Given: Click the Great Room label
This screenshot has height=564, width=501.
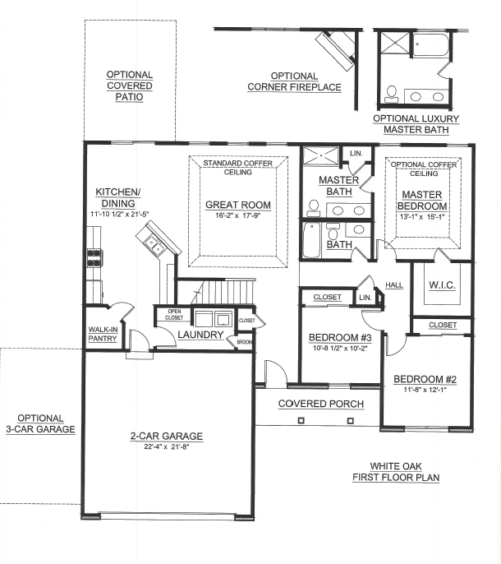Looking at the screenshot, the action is pyautogui.click(x=238, y=205).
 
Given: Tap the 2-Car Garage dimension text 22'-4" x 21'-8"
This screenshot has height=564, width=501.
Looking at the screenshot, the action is pyautogui.click(x=167, y=446).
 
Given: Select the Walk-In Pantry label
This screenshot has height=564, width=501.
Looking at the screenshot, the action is pyautogui.click(x=103, y=334).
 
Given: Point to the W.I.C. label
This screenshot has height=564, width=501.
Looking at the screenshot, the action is pyautogui.click(x=442, y=285).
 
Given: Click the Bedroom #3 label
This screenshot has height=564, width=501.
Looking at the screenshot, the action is pyautogui.click(x=340, y=337).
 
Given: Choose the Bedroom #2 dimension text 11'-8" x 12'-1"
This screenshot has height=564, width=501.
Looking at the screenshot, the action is pyautogui.click(x=425, y=389).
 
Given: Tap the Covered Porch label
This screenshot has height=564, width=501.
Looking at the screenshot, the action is pyautogui.click(x=321, y=404).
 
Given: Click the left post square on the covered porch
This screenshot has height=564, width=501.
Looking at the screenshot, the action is pyautogui.click(x=301, y=420).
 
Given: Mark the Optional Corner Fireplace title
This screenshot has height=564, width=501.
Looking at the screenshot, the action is pyautogui.click(x=294, y=81).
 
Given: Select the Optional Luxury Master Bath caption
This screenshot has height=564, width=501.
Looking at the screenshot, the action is pyautogui.click(x=416, y=124).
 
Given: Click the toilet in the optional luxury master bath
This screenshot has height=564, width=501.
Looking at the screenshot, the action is pyautogui.click(x=391, y=94).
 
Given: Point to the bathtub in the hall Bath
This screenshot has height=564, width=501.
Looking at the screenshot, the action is pyautogui.click(x=311, y=240).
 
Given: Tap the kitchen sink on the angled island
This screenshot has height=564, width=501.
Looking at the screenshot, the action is pyautogui.click(x=154, y=244).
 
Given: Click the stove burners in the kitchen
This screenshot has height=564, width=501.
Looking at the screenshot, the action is pyautogui.click(x=94, y=258).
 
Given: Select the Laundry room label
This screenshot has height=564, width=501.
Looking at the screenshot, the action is pyautogui.click(x=200, y=335).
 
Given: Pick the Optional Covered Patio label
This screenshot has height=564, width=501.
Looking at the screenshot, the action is pyautogui.click(x=130, y=86).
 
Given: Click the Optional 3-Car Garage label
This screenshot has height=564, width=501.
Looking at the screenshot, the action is pyautogui.click(x=40, y=423).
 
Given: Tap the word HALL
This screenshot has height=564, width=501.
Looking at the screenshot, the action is pyautogui.click(x=394, y=285).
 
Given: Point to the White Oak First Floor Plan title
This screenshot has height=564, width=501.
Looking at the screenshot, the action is pyautogui.click(x=396, y=472).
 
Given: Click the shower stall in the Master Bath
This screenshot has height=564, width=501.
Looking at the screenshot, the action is pyautogui.click(x=321, y=155).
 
